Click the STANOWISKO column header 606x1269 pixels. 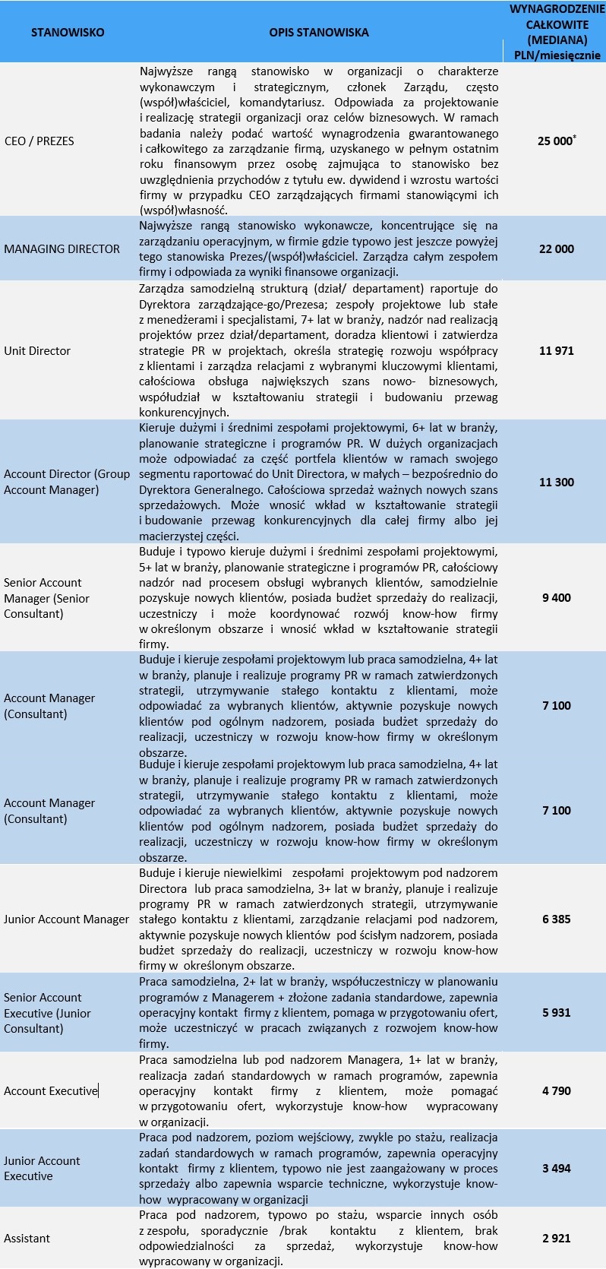68,32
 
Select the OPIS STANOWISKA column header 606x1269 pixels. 319,32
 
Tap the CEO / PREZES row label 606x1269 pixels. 39,141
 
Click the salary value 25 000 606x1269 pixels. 555,141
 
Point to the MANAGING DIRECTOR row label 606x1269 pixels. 62,248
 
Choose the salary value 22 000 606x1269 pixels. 557,248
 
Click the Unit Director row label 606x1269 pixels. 37,350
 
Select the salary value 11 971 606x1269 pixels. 557,350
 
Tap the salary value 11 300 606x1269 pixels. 557,482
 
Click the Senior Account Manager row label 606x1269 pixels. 46,597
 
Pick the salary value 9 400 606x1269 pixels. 557,597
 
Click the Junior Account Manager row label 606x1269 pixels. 67,919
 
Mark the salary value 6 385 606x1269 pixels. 557,919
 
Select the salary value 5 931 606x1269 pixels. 557,1012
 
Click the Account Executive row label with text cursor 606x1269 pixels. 51,1090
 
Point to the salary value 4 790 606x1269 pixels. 557,1090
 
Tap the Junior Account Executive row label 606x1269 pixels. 42,1168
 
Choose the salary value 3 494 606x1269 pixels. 557,1168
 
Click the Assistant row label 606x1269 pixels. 27,1238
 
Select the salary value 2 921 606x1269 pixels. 557,1238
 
